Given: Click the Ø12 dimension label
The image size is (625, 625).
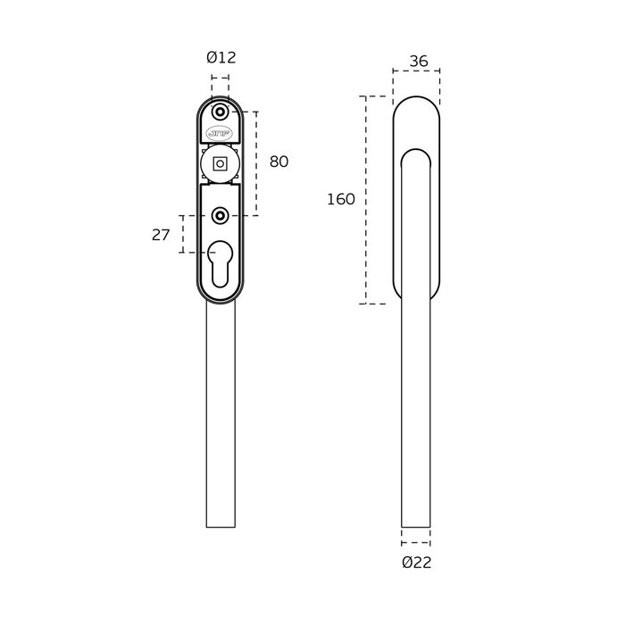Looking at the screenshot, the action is click(221, 58).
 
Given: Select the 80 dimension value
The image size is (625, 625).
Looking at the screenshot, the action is click(279, 162).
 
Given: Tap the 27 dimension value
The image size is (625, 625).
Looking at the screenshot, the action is click(161, 235).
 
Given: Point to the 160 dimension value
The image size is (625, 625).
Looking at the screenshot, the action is click(341, 199).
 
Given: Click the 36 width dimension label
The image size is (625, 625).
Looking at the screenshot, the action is click(419, 62).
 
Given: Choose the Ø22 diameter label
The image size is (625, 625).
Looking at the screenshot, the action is click(417, 562).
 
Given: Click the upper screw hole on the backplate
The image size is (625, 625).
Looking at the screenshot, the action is click(220, 112).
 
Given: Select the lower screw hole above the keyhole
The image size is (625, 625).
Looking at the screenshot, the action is click(220, 216).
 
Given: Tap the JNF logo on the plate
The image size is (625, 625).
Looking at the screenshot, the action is click(220, 134).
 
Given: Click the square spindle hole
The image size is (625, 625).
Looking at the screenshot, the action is click(220, 163).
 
